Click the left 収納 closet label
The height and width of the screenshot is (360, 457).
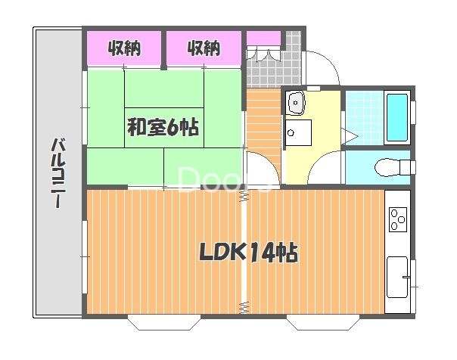[124, 48]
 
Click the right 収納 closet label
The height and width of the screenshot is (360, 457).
[204, 48]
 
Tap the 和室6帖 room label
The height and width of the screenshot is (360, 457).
[163, 127]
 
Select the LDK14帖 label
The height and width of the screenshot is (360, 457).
[249, 253]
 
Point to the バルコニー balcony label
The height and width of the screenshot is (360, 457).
[58, 173]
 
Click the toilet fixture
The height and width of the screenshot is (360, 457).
[393, 167]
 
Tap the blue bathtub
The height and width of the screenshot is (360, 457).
[397, 117]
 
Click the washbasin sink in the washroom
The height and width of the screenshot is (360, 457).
[295, 103]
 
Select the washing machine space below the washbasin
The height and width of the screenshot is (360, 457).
[298, 133]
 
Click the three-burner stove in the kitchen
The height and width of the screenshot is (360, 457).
[398, 219]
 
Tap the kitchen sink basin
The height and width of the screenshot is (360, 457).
[397, 277]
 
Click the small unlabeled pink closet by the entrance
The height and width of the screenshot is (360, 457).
[263, 38]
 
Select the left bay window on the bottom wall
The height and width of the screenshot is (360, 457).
[164, 322]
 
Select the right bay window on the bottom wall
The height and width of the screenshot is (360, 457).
[323, 322]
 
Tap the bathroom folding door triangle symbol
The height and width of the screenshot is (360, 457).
[350, 136]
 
